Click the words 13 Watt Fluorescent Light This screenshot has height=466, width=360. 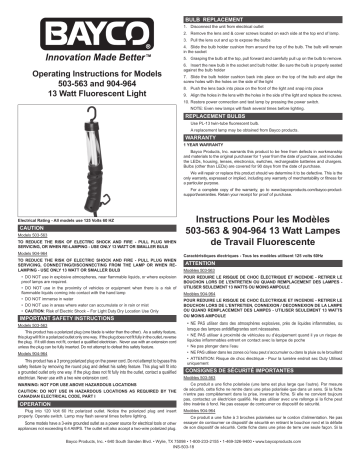click(x=89, y=91)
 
